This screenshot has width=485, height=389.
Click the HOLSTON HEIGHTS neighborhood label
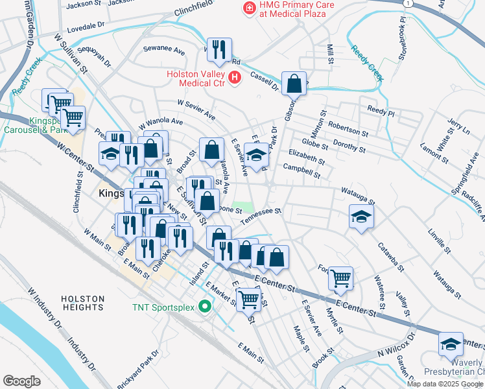(83, 303)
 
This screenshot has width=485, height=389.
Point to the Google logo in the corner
(21, 381)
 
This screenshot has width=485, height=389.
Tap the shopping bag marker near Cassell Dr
(294, 84)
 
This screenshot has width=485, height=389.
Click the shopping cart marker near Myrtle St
(340, 278)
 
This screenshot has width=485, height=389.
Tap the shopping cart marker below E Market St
(248, 300)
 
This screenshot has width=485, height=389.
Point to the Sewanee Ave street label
(164, 49)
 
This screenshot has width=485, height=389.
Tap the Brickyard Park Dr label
(138, 370)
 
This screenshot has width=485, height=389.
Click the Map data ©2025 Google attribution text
(445, 384)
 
